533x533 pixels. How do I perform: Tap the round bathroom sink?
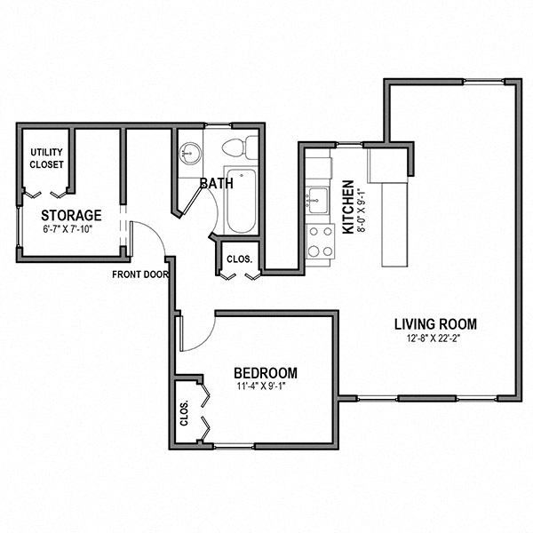pos(189,151)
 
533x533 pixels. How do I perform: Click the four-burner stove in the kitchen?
pos(319,240)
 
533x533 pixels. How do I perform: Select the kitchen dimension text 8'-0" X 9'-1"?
pos(361,208)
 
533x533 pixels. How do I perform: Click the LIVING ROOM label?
pos(435,323)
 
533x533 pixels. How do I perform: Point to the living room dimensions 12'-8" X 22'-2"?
pos(435,338)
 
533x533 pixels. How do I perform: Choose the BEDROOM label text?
pos(265,373)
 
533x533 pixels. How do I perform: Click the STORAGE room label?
pos(71,215)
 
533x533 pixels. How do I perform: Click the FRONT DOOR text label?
pos(139,274)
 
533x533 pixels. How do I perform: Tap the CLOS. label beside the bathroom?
pos(239,260)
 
